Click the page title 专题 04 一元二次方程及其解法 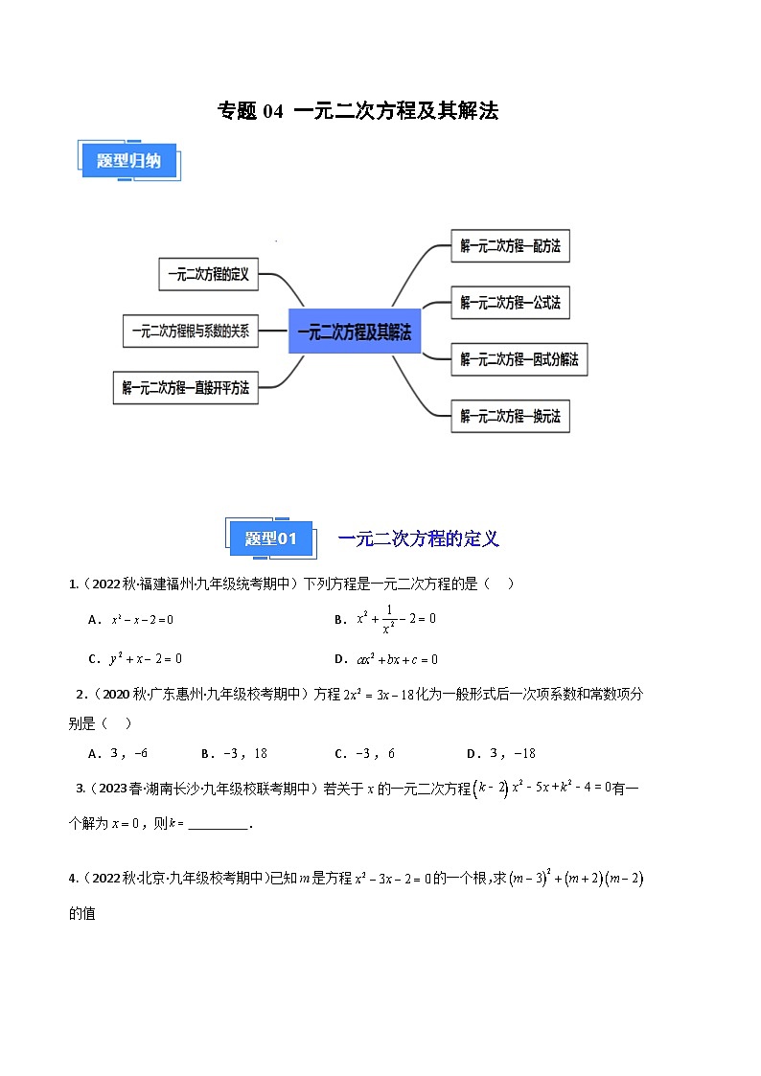pos(358,111)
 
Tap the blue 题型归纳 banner pos(127,161)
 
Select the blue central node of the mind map pos(354,332)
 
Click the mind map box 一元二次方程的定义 pos(208,274)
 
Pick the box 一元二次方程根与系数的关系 pos(190,331)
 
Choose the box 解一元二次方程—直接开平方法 pos(185,388)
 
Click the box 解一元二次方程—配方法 pos(510,246)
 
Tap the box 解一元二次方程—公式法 pos(510,303)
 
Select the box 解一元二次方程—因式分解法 pos(519,359)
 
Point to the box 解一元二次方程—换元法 pos(510,416)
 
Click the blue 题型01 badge pos(271,539)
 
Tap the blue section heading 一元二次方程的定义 pos(419,539)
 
